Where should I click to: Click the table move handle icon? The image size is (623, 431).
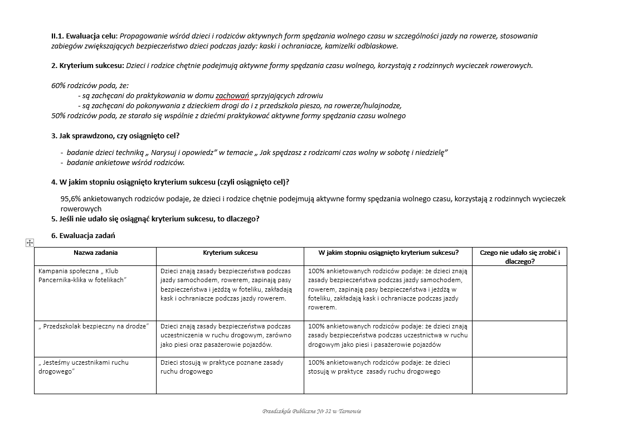pos(30,243)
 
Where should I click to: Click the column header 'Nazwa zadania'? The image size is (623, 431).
pos(95,253)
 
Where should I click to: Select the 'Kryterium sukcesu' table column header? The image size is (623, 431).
pos(230,253)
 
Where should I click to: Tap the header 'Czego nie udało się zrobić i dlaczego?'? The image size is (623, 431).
pos(519,256)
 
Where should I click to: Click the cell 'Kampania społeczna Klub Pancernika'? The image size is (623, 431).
pos(82,275)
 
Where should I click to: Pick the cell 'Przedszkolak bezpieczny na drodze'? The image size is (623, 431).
pos(94,326)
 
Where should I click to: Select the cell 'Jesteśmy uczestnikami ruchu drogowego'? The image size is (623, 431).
pos(84,367)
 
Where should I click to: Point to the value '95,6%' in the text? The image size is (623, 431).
pos(71,199)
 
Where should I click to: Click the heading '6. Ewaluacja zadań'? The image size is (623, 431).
pos(83,236)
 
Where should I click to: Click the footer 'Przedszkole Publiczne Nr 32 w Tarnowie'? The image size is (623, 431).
pos(311,411)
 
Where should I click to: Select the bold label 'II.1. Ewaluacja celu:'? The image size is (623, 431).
pos(84,36)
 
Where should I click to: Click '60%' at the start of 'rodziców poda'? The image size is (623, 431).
pos(59,86)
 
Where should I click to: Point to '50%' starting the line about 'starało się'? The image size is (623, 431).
pos(59,116)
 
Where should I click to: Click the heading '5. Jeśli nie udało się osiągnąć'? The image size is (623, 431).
pos(155,219)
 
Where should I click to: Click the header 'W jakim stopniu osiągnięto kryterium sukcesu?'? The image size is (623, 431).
pos(388,253)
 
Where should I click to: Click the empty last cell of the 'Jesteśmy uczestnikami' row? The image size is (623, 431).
pos(519,375)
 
